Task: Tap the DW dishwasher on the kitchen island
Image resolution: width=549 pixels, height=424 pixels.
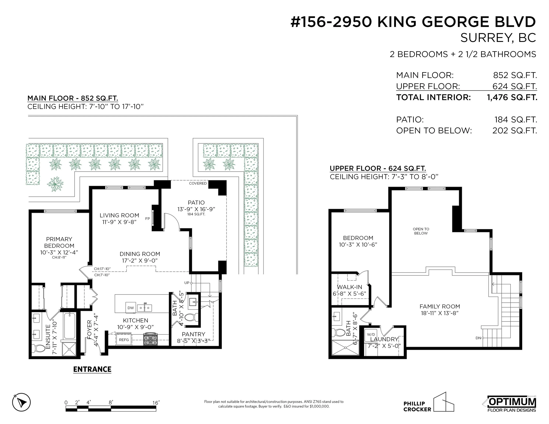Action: (x=131, y=308)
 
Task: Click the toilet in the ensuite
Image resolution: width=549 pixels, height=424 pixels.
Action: (x=38, y=348)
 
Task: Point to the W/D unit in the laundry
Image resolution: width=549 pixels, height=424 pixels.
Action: (x=371, y=335)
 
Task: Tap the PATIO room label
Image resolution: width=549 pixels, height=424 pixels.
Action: (x=196, y=202)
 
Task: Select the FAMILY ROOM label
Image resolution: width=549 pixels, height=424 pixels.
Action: (x=440, y=306)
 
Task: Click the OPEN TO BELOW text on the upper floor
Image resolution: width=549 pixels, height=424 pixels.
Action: (x=421, y=231)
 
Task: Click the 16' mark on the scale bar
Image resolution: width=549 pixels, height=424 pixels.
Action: (x=156, y=403)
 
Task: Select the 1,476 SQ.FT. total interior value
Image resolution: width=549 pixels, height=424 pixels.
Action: (x=512, y=98)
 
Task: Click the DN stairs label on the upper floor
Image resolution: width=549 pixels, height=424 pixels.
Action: (x=478, y=338)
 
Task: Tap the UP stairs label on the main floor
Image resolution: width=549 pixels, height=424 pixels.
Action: (x=187, y=283)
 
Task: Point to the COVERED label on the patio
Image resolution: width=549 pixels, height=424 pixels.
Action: (x=198, y=183)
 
